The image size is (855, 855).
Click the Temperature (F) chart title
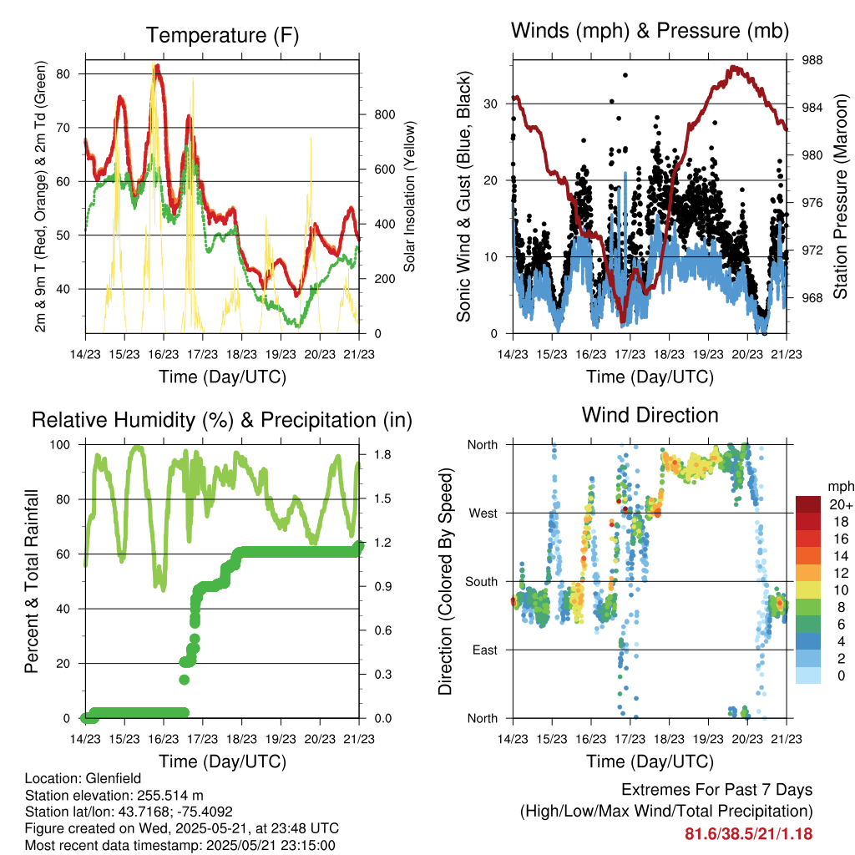click(x=222, y=35)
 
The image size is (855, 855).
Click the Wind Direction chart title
click(x=650, y=415)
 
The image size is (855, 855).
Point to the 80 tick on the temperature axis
click(x=63, y=73)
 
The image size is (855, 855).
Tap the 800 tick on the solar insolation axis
click(x=385, y=114)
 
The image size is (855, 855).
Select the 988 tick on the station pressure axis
click(x=812, y=60)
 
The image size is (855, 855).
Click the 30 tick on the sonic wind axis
click(x=491, y=104)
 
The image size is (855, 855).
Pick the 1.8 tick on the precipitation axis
click(x=382, y=455)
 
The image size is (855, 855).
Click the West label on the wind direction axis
click(x=483, y=514)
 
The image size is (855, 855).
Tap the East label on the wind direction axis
click(x=485, y=650)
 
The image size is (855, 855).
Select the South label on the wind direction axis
click(x=482, y=582)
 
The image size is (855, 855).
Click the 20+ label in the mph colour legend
click(x=840, y=504)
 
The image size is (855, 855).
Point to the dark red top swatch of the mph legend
click(x=808, y=504)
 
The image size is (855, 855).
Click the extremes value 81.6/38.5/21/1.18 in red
click(x=749, y=834)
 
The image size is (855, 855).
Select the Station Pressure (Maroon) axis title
click(x=840, y=196)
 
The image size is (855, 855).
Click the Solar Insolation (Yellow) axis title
click(x=409, y=196)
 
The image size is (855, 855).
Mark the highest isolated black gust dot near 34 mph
click(x=625, y=75)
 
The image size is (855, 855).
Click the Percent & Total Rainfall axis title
click(x=32, y=581)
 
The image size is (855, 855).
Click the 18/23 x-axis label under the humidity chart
click(x=241, y=739)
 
